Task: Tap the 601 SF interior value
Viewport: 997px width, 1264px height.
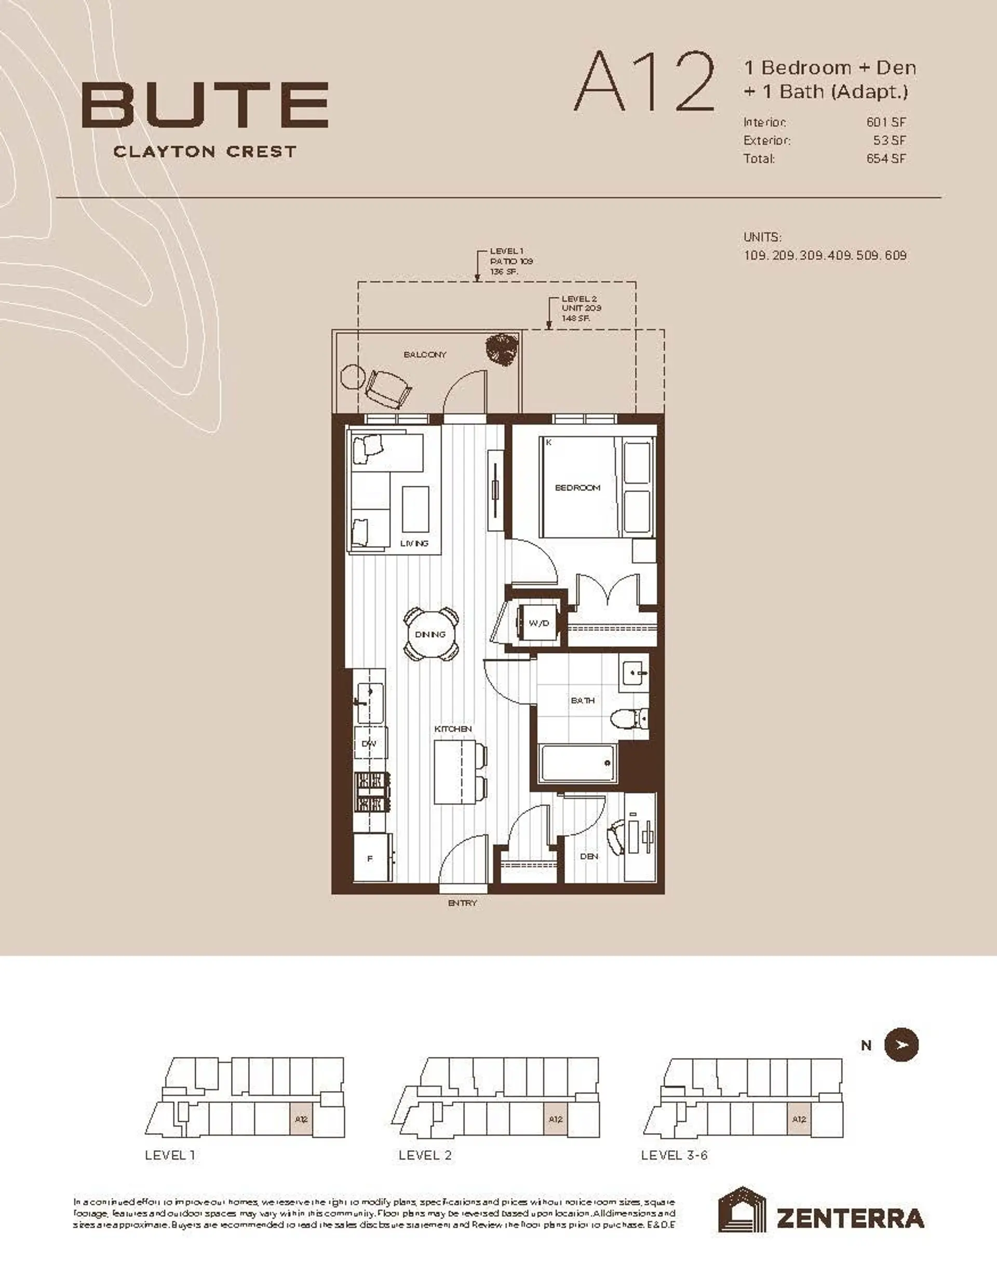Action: pos(885,123)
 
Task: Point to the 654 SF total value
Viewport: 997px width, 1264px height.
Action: pos(885,159)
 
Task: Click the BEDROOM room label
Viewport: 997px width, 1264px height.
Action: pos(577,487)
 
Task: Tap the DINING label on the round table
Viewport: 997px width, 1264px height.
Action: pos(431,634)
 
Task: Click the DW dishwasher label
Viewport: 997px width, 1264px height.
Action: pos(369,743)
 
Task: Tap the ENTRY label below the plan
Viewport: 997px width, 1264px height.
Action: pos(462,903)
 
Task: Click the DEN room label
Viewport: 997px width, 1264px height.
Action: pos(589,856)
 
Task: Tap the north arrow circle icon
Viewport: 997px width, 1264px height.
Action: pos(901,1044)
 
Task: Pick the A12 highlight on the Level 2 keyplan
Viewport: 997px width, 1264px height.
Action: pos(555,1119)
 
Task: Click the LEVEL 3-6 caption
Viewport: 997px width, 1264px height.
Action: pos(673,1156)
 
